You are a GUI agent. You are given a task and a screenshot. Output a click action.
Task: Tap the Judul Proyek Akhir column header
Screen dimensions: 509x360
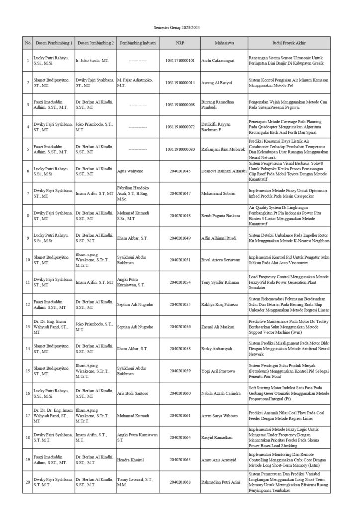point(289,43)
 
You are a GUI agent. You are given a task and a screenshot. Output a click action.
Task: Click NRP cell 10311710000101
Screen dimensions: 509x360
point(180,61)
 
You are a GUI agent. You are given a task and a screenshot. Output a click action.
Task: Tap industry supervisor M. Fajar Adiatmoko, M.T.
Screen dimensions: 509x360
point(135,83)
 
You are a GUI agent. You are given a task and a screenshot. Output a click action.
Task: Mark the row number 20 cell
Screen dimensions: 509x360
point(27,482)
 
